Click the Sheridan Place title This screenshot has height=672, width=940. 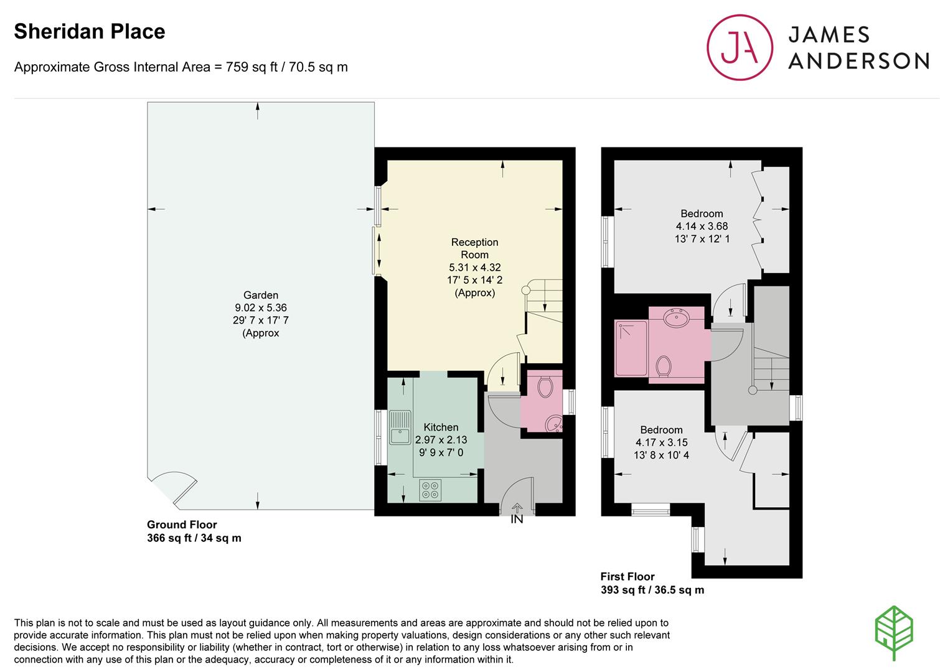click(x=90, y=32)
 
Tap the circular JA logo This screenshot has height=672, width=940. click(x=740, y=47)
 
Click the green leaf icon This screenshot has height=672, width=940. click(x=895, y=633)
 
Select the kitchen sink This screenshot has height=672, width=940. click(x=400, y=427)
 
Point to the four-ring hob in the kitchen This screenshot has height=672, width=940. click(x=430, y=490)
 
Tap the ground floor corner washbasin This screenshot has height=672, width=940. click(x=554, y=424)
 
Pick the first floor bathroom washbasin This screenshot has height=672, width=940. click(x=676, y=317)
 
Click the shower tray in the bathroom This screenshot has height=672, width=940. click(x=631, y=348)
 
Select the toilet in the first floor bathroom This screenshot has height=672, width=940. click(x=663, y=366)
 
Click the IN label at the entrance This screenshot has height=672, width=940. click(x=517, y=520)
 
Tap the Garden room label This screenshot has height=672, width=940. click(x=261, y=295)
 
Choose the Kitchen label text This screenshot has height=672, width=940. click(x=441, y=427)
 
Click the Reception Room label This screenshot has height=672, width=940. click(x=474, y=248)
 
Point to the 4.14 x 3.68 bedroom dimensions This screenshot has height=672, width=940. click(x=702, y=226)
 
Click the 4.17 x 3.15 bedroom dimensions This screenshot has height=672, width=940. click(x=661, y=442)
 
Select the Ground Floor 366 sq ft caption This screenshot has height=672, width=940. click(x=194, y=531)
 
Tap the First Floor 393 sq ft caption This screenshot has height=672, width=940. click(x=652, y=583)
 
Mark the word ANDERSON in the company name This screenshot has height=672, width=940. click(x=858, y=61)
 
